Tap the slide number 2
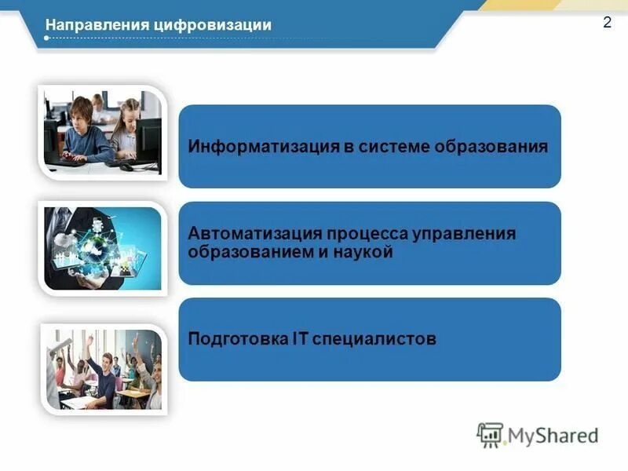tap(607, 23)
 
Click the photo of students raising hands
tap(102, 367)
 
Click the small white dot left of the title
tap(47, 37)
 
